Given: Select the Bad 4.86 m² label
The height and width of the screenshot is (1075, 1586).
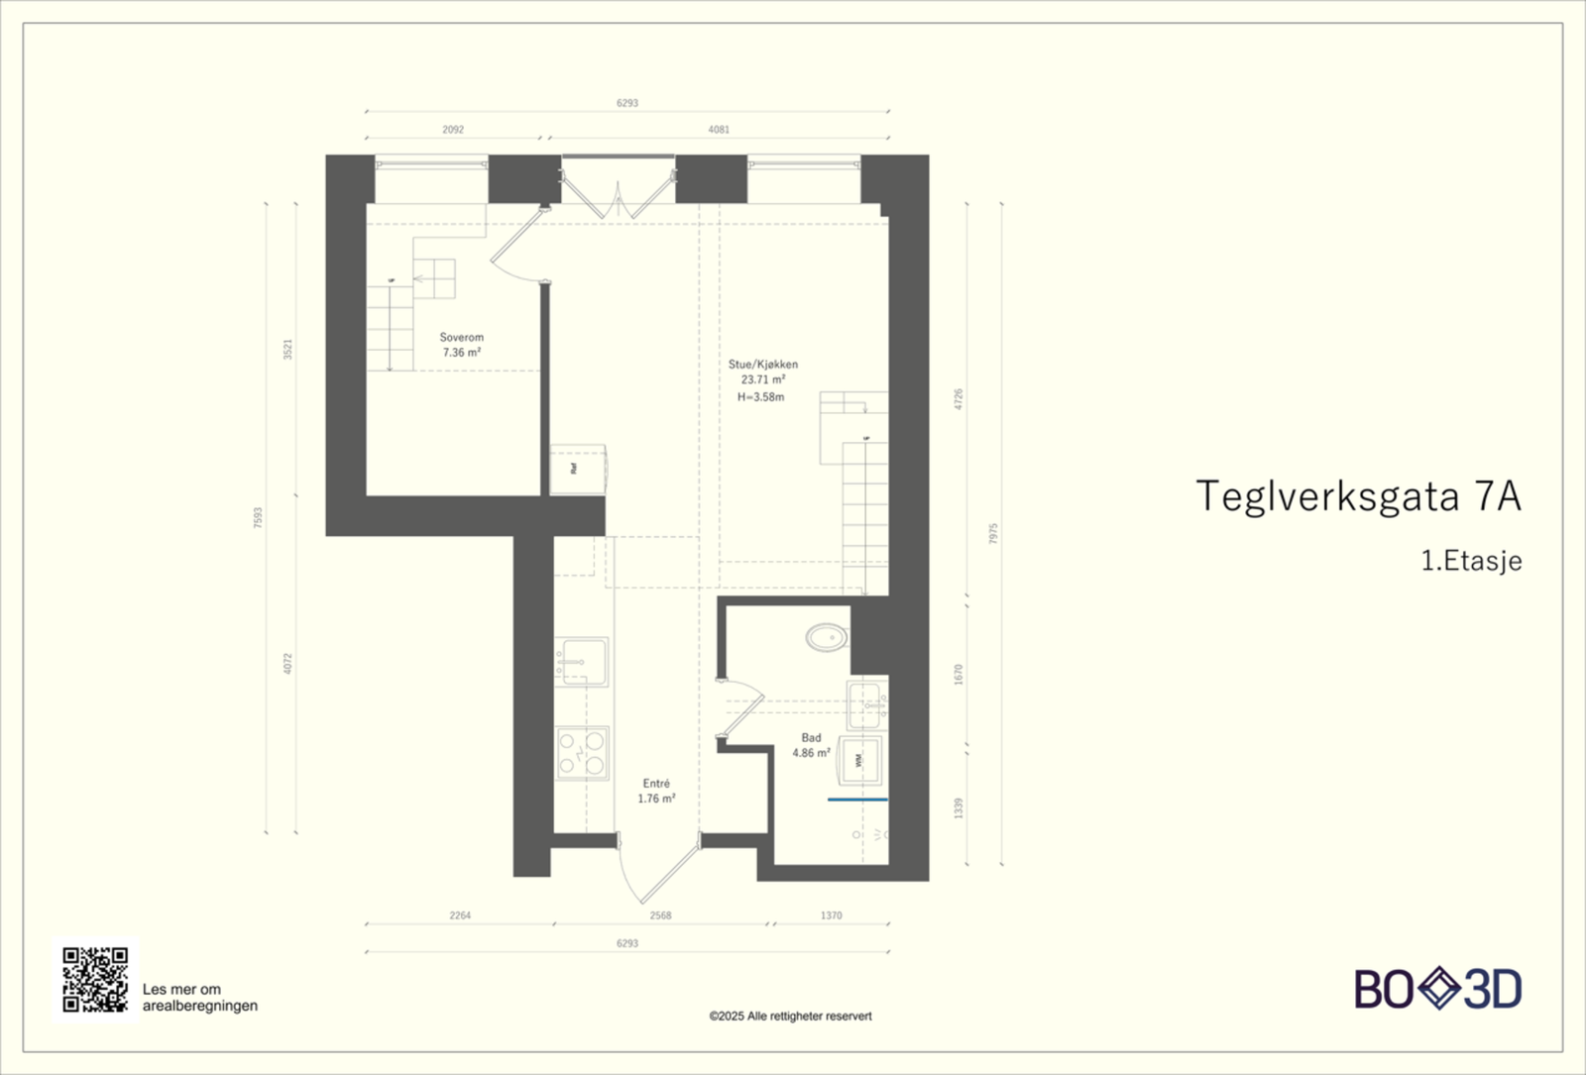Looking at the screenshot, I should (811, 745).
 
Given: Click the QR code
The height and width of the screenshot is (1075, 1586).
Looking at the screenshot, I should (95, 979).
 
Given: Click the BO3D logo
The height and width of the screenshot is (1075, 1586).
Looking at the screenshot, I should (1437, 989).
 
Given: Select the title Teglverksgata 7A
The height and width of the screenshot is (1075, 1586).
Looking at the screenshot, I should (1357, 496).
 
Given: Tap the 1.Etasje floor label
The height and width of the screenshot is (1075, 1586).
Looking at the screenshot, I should (1471, 561).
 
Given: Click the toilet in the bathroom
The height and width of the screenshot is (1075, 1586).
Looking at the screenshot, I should (827, 636).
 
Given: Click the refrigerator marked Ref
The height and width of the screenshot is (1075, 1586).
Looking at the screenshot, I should (575, 469).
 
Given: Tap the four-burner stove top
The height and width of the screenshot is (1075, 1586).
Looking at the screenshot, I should (582, 752).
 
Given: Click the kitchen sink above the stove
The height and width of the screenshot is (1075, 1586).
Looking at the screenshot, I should (582, 661).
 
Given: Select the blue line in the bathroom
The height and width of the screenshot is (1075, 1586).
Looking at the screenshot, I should (857, 799).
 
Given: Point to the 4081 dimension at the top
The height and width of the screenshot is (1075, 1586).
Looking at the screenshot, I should (719, 130).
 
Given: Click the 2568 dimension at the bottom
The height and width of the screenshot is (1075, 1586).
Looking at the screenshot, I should (660, 915).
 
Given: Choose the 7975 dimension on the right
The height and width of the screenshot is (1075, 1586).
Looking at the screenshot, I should (993, 533).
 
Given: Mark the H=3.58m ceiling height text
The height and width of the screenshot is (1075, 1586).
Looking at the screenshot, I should (760, 397).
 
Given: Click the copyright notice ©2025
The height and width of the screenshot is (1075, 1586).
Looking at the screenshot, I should (790, 1016).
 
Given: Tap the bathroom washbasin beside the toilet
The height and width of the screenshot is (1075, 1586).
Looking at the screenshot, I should (867, 704).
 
